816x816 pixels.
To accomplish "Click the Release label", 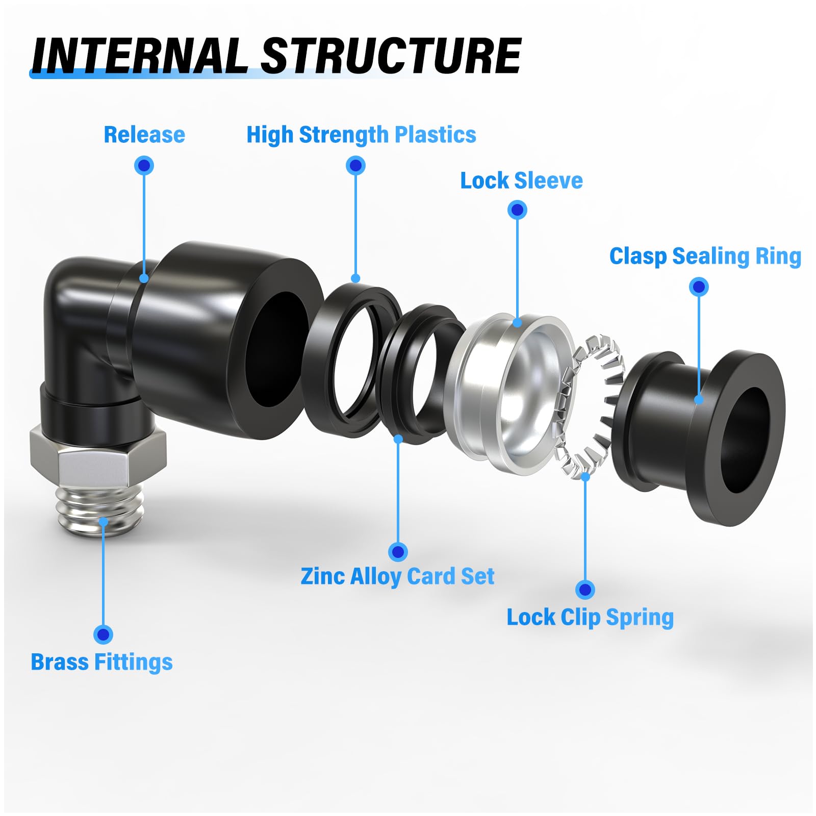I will click(144, 135).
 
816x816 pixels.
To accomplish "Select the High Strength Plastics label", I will click(361, 135).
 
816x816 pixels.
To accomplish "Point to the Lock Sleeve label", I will click(521, 181).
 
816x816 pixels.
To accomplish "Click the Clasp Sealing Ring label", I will click(705, 257).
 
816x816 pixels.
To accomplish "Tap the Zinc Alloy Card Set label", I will click(397, 577).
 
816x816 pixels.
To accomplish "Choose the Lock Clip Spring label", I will click(590, 618).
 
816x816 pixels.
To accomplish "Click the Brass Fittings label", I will click(101, 662).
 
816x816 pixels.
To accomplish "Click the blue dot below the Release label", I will click(144, 166).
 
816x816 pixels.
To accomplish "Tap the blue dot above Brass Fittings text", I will click(103, 634).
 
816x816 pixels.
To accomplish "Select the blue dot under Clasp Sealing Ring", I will click(699, 287).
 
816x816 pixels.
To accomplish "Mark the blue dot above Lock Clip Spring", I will click(585, 590).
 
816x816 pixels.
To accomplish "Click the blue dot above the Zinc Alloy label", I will click(398, 551).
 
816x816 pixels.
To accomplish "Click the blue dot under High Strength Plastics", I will click(355, 166).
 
